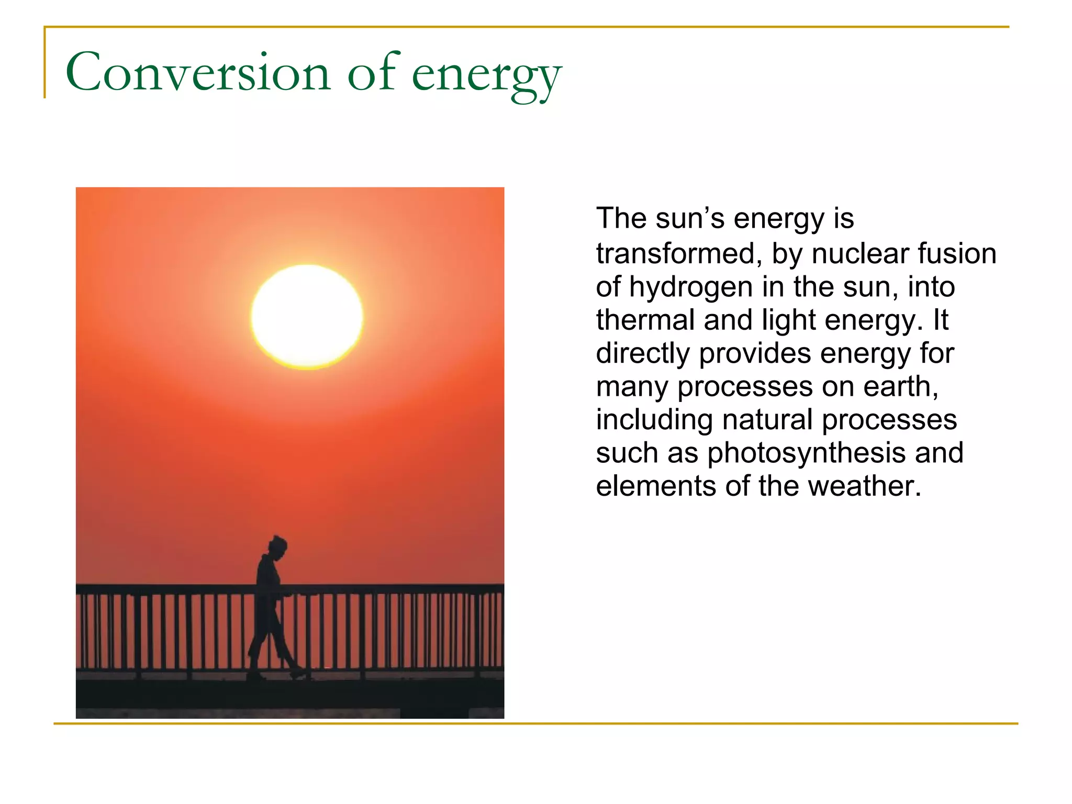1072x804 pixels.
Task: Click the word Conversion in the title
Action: pyautogui.click(x=198, y=73)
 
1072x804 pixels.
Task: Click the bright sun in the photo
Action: pyautogui.click(x=307, y=316)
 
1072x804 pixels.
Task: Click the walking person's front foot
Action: pyautogui.click(x=299, y=674)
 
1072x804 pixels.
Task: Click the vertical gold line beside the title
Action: pyautogui.click(x=44, y=63)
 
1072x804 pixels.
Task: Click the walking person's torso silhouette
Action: pyautogui.click(x=269, y=581)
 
